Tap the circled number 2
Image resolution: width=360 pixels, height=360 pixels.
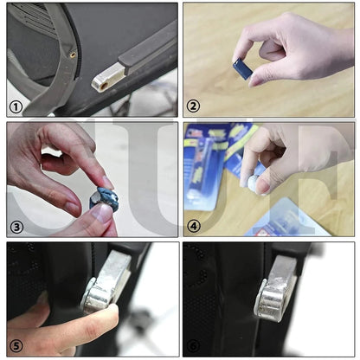[194, 106]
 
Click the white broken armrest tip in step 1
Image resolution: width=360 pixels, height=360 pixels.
[103, 82]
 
